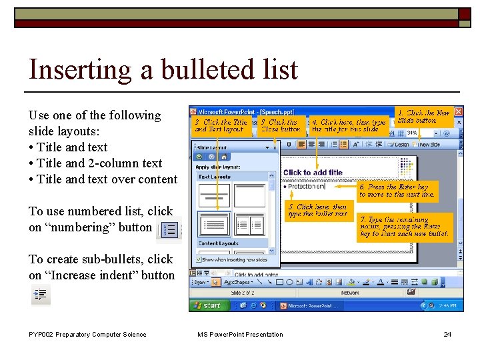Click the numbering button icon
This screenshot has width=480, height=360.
(169, 229)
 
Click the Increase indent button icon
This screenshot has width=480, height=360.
(40, 294)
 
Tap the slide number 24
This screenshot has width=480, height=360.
(447, 335)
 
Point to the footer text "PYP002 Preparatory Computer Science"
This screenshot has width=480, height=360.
(87, 335)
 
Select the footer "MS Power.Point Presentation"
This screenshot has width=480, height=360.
(240, 335)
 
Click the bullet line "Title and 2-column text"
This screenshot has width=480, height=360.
(99, 163)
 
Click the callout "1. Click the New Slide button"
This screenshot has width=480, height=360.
(423, 117)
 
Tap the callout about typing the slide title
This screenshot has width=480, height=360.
(348, 126)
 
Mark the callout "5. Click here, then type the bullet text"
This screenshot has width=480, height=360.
(317, 211)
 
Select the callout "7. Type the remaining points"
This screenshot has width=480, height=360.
(404, 227)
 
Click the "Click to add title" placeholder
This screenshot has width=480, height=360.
(313, 173)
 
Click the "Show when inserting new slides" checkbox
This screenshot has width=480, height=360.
(199, 260)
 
